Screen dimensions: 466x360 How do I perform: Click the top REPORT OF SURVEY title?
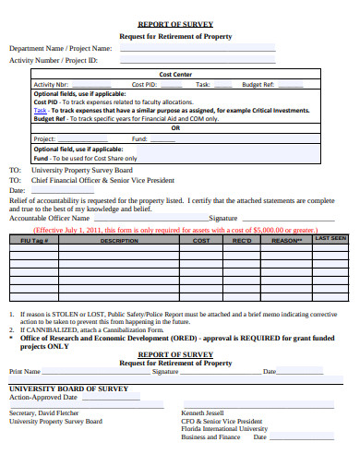174,24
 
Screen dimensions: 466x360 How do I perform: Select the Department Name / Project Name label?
60,48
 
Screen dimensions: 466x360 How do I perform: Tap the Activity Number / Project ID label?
53,60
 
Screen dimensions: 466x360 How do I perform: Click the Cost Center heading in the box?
176,74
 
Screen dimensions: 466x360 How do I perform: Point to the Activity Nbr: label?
51,84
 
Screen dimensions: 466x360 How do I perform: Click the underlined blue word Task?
41,110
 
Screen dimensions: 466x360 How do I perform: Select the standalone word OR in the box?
176,128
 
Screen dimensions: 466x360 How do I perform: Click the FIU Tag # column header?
33,240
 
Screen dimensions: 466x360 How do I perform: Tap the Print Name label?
26,371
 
